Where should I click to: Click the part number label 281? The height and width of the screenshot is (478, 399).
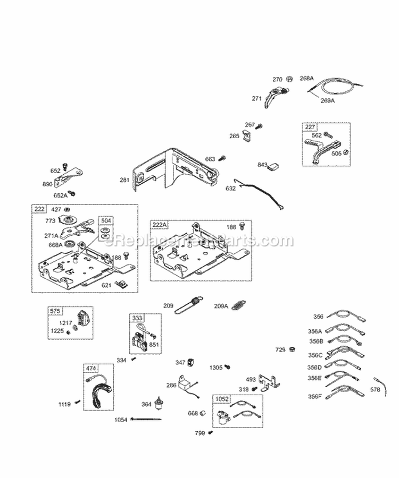(x=124, y=181)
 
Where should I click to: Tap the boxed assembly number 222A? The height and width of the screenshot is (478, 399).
(x=160, y=225)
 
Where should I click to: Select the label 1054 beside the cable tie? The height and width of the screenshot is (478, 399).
(x=121, y=420)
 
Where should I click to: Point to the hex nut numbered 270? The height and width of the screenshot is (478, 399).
(x=288, y=79)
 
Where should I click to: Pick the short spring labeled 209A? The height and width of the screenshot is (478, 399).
(x=242, y=305)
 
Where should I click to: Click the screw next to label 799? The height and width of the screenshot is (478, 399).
(x=211, y=433)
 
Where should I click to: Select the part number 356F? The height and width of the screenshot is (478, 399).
(x=315, y=397)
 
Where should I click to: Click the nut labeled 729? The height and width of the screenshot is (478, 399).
(x=292, y=349)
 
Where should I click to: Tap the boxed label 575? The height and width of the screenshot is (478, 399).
(x=55, y=312)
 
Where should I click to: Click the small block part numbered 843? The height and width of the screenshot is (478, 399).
(x=276, y=166)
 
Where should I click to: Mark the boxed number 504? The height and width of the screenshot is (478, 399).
(x=106, y=220)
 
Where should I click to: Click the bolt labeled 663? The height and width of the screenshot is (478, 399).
(x=223, y=158)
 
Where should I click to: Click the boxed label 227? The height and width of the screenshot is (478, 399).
(x=309, y=127)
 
